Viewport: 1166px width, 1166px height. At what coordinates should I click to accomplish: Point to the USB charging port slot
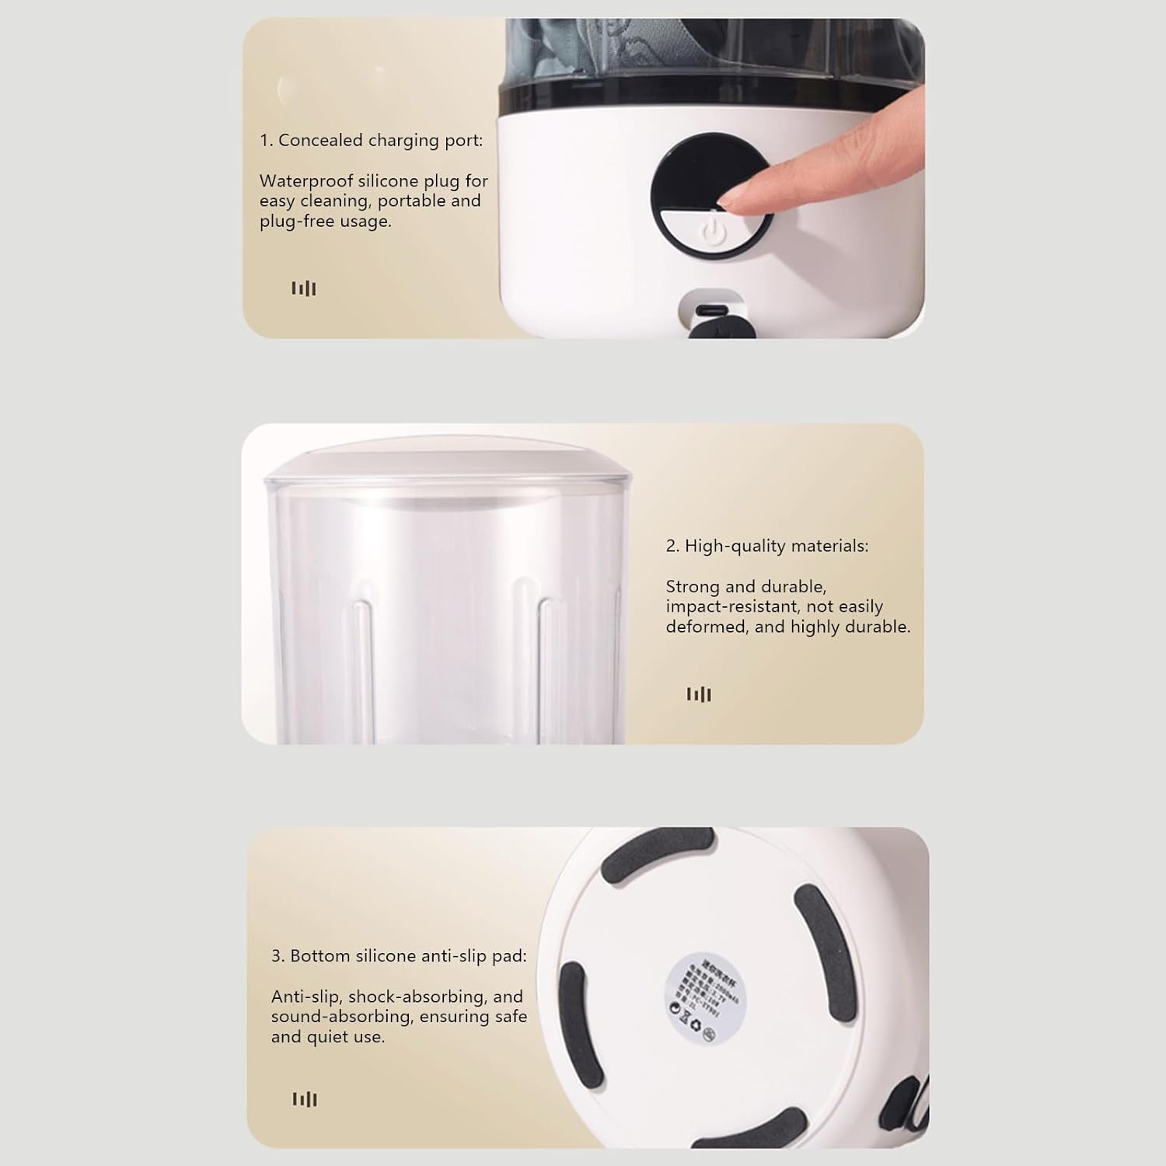[x=711, y=309]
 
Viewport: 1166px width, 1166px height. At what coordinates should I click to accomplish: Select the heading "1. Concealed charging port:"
[x=371, y=141]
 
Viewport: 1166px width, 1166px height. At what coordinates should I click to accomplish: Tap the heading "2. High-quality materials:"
[x=766, y=546]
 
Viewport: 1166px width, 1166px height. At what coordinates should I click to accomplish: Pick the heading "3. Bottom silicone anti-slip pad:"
[x=399, y=956]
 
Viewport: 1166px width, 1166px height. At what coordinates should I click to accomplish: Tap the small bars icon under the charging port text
[x=304, y=288]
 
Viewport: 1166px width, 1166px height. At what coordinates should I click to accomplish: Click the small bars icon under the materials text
[x=699, y=694]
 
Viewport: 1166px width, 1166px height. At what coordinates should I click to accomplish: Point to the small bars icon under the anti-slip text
[x=305, y=1099]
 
